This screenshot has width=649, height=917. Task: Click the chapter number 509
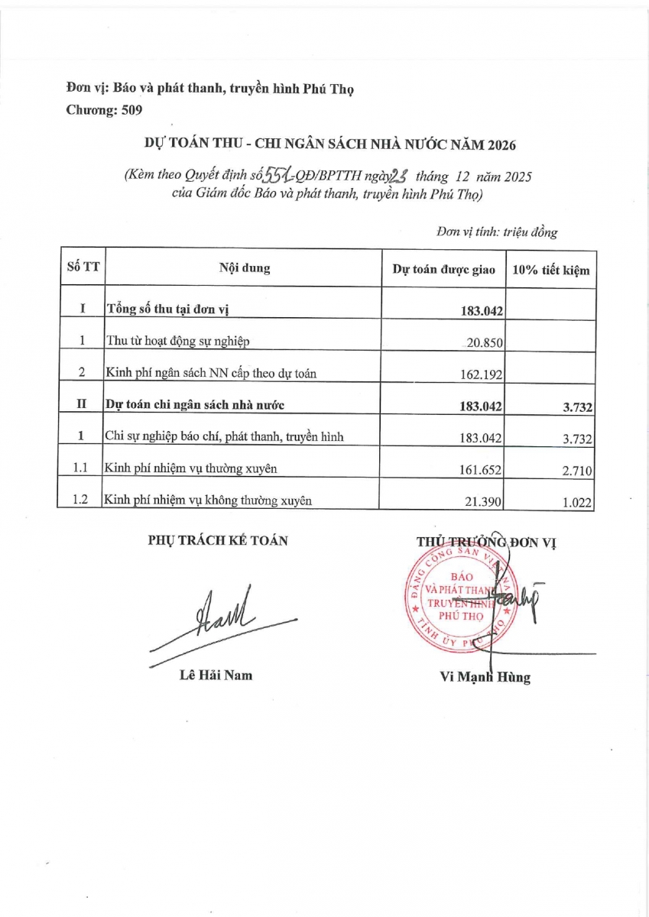pyautogui.click(x=128, y=110)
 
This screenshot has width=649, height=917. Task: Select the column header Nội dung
pyautogui.click(x=244, y=269)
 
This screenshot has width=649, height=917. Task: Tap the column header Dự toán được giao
pyautogui.click(x=443, y=270)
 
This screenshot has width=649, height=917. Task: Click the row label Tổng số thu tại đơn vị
pyautogui.click(x=168, y=309)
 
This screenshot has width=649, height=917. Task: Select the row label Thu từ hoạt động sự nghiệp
pyautogui.click(x=177, y=342)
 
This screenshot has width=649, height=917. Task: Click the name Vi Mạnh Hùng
pyautogui.click(x=485, y=677)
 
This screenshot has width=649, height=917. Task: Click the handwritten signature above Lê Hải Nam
pyautogui.click(x=222, y=619)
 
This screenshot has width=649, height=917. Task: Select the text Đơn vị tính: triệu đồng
pyautogui.click(x=497, y=232)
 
